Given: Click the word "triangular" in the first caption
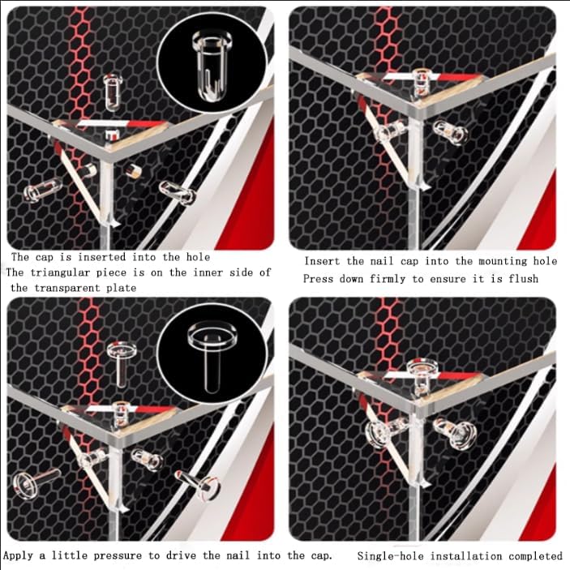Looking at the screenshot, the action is (x=60, y=272).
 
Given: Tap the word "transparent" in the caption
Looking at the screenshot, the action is (x=67, y=288).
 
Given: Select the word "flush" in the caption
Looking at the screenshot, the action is (x=524, y=279).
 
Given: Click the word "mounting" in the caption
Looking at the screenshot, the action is (x=503, y=261).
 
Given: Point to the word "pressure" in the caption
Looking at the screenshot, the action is (x=118, y=556).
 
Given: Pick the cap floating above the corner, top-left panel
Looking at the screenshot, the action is (x=112, y=92).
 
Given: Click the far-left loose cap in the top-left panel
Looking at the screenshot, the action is (x=42, y=190).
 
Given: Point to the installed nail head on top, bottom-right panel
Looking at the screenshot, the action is (x=422, y=368).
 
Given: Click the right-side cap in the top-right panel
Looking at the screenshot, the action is (x=451, y=132).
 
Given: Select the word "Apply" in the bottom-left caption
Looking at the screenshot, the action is (x=18, y=556).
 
